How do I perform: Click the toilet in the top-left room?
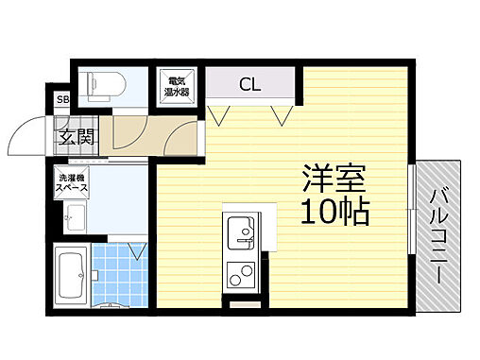coord(98,85)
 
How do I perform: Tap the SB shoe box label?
coord(62,99)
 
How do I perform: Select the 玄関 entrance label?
coord(76,136)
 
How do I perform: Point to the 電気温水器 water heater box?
coord(176,85)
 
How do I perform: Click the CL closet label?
coord(249,85)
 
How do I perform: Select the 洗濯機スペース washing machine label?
coord(72,183)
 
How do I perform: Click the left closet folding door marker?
coord(220,115)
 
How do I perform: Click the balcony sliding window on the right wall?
coord(411,208)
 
